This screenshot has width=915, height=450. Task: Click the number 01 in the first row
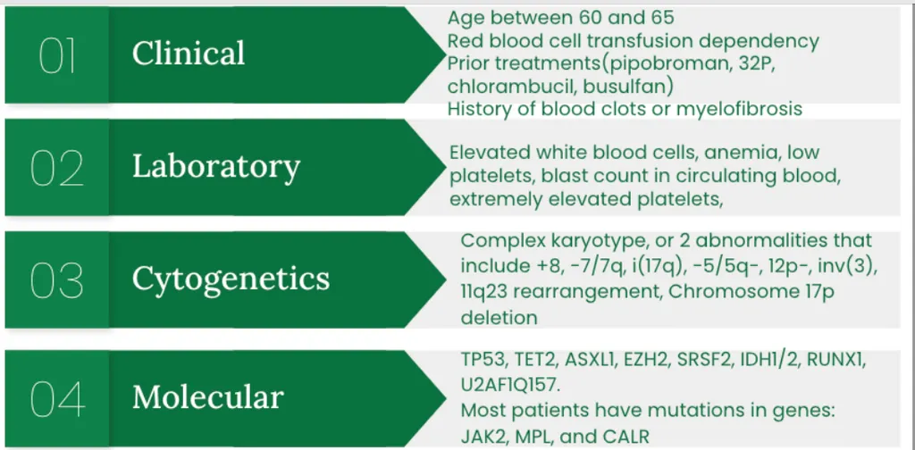tap(56, 55)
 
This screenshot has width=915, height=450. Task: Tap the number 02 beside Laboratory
tap(56, 168)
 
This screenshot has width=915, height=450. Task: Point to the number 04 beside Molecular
tap(57, 399)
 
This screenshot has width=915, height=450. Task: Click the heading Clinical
tap(189, 54)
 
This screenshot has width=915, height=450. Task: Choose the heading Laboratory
tap(216, 167)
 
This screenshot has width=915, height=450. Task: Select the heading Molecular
tap(207, 397)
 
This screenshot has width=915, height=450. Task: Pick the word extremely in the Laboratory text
tap(495, 199)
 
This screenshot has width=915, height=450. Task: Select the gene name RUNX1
tap(835, 360)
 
